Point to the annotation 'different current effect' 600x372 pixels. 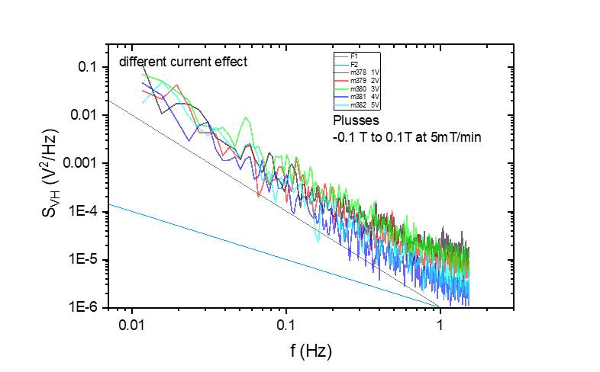point(182,62)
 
